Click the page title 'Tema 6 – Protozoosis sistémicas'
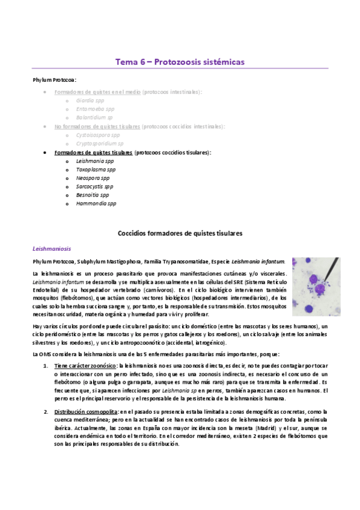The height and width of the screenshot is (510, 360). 180,62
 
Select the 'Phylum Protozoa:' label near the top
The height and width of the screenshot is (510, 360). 55,80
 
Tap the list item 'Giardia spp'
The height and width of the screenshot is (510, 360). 90,100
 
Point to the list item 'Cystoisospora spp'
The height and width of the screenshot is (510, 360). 98,135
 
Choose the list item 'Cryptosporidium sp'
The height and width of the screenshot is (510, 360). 100,144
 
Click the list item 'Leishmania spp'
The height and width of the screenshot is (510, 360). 95,161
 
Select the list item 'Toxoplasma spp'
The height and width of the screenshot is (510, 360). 96,170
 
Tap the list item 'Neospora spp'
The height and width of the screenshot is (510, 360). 93,178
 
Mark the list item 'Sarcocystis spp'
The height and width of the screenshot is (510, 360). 96,187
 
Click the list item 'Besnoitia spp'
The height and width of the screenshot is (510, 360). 93,195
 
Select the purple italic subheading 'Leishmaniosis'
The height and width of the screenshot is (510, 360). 52,247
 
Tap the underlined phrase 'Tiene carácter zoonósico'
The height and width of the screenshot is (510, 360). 85,366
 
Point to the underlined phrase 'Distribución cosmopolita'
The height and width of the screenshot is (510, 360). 85,411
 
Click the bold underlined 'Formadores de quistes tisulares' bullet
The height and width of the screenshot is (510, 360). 93,153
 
